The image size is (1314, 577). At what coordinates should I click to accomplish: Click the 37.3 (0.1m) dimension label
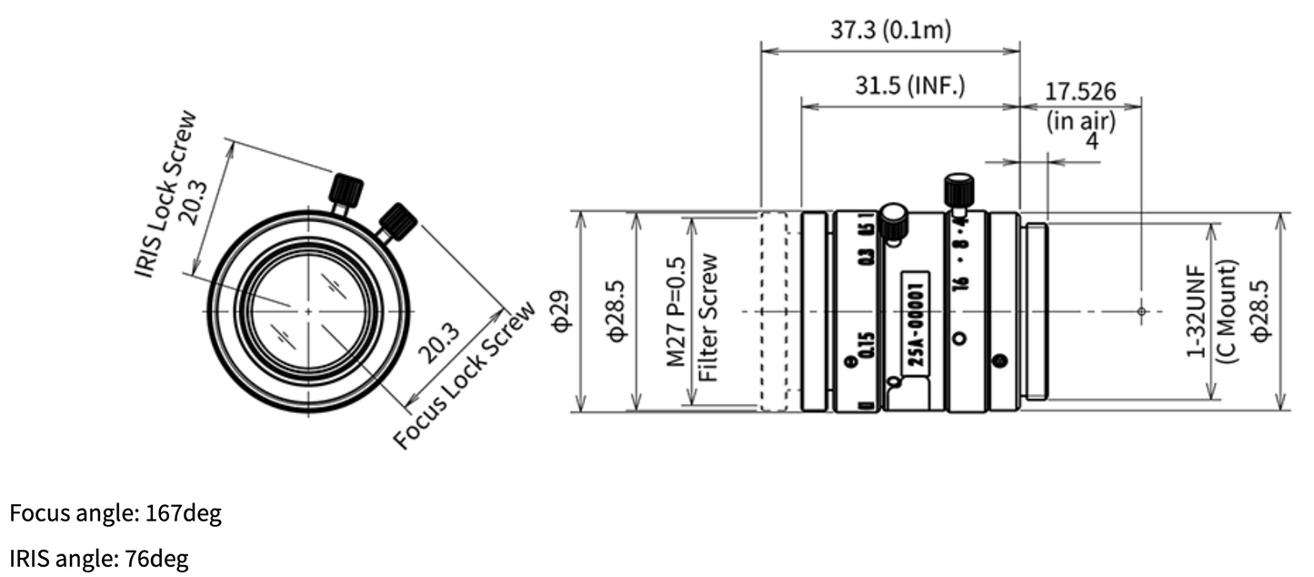889,30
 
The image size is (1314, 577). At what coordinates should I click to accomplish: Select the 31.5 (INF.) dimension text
909,86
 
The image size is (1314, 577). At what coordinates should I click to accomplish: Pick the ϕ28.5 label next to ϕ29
617,311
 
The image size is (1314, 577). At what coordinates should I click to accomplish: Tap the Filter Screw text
710,317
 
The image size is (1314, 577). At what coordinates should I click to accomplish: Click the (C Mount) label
1228,311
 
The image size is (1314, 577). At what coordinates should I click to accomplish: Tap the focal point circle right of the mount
1141,311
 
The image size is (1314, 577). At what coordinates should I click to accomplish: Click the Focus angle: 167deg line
115,514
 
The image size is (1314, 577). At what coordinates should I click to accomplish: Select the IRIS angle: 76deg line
99,559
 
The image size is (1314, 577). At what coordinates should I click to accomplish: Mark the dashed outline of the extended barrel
774,311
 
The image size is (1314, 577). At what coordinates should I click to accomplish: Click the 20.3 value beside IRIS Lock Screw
193,202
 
